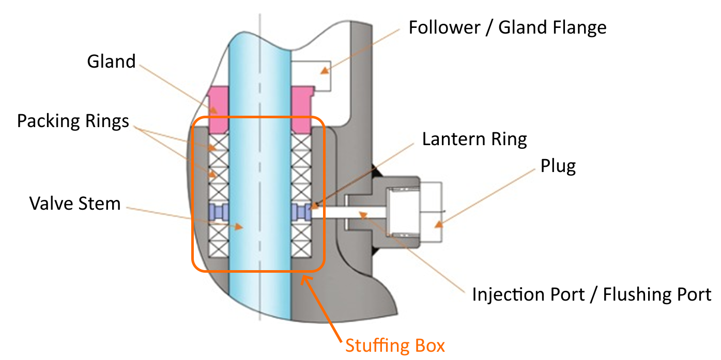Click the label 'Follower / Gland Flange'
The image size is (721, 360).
507,27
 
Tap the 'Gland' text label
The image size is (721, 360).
111,61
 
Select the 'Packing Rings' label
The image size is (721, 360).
73,121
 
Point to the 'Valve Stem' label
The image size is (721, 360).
75,203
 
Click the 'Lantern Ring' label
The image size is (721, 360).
474,139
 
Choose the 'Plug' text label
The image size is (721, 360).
558,166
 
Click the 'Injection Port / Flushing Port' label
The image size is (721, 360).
591,294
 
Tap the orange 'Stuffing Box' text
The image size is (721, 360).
395,345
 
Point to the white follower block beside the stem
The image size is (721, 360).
310,75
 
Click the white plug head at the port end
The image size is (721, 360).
432,212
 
